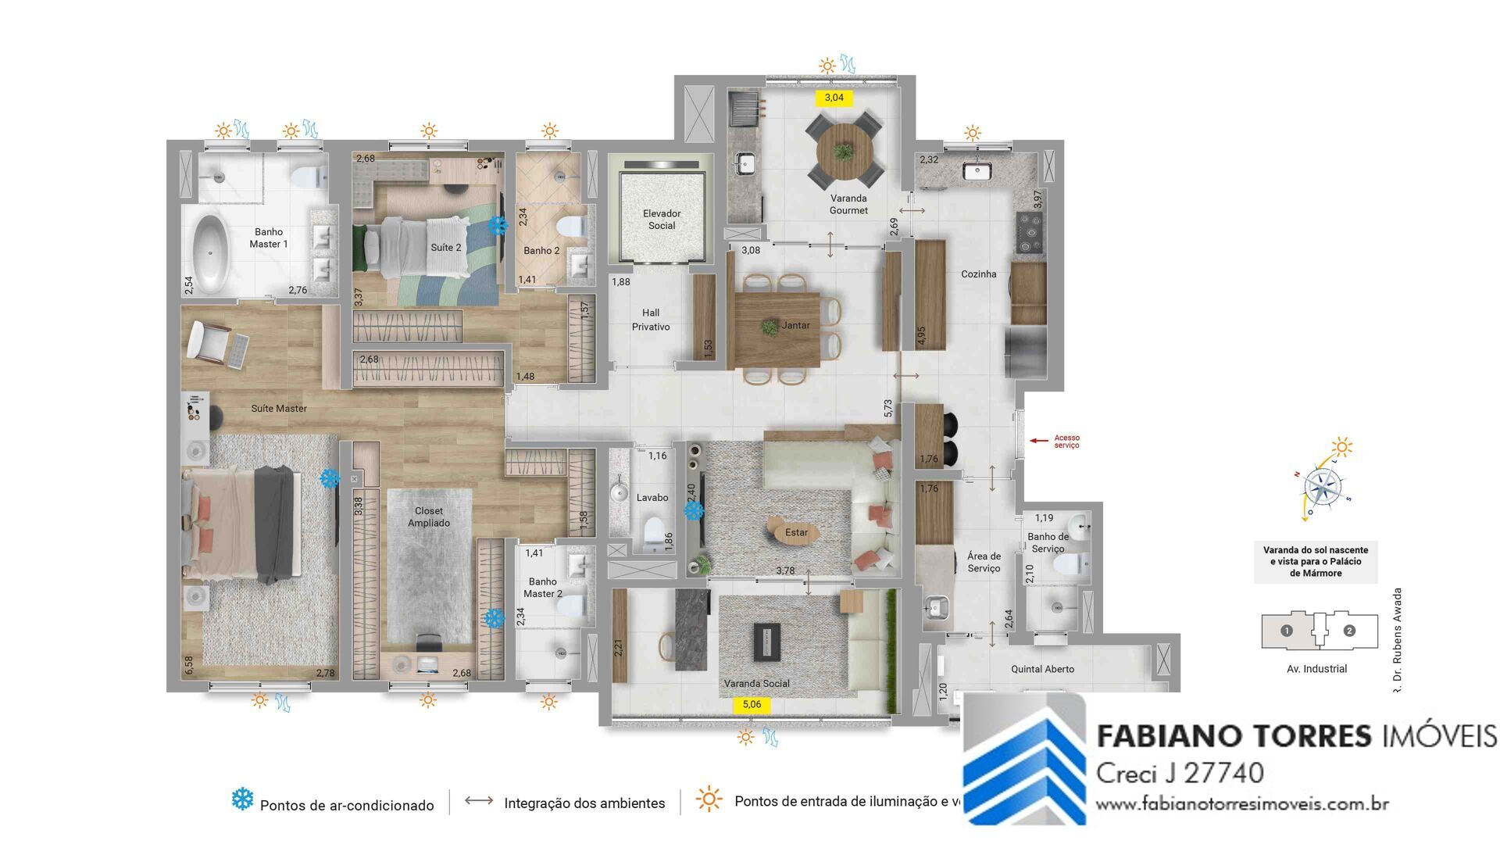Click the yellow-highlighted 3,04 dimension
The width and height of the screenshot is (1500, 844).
(x=834, y=98)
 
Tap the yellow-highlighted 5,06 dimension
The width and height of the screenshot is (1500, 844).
(x=752, y=704)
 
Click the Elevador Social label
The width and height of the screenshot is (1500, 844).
(x=662, y=220)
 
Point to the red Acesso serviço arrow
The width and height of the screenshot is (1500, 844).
(x=1038, y=441)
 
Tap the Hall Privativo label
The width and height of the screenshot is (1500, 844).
(x=651, y=320)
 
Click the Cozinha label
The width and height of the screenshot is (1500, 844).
(x=979, y=274)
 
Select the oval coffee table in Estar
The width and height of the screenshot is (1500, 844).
(x=795, y=532)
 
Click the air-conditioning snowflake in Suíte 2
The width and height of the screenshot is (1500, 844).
(x=498, y=226)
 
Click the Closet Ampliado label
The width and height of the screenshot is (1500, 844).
(x=429, y=517)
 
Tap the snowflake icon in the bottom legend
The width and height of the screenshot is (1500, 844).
(x=242, y=799)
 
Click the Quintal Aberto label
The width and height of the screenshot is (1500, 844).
(x=1042, y=669)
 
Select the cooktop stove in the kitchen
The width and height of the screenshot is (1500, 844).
(x=1029, y=231)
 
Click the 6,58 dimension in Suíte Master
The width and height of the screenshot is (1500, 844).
(x=188, y=665)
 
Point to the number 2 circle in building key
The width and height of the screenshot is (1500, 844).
(x=1349, y=631)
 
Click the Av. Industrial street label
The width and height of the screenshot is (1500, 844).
(x=1316, y=669)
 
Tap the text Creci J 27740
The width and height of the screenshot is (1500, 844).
(x=1180, y=773)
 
